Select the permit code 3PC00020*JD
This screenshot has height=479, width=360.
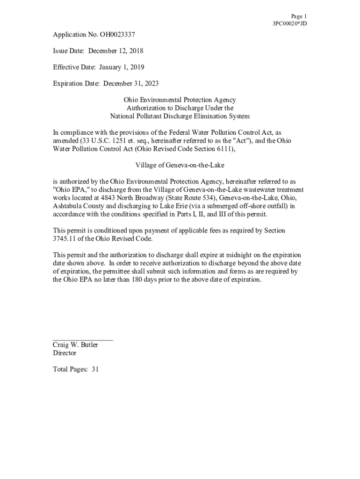pyautogui.click(x=289, y=23)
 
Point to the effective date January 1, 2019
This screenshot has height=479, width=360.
pyautogui.click(x=122, y=67)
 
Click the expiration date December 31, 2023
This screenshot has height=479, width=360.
pyautogui.click(x=131, y=84)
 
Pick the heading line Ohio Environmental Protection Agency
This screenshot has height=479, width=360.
pyautogui.click(x=180, y=100)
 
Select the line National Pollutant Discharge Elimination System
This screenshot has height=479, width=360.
pyautogui.click(x=180, y=116)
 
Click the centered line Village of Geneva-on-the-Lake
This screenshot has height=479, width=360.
pyautogui.click(x=180, y=165)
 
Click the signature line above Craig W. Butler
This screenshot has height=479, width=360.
pyautogui.click(x=83, y=340)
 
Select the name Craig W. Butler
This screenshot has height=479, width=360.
pyautogui.click(x=75, y=345)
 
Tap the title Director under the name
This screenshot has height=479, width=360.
pyautogui.click(x=65, y=353)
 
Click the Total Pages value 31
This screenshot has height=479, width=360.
pyautogui.click(x=95, y=370)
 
